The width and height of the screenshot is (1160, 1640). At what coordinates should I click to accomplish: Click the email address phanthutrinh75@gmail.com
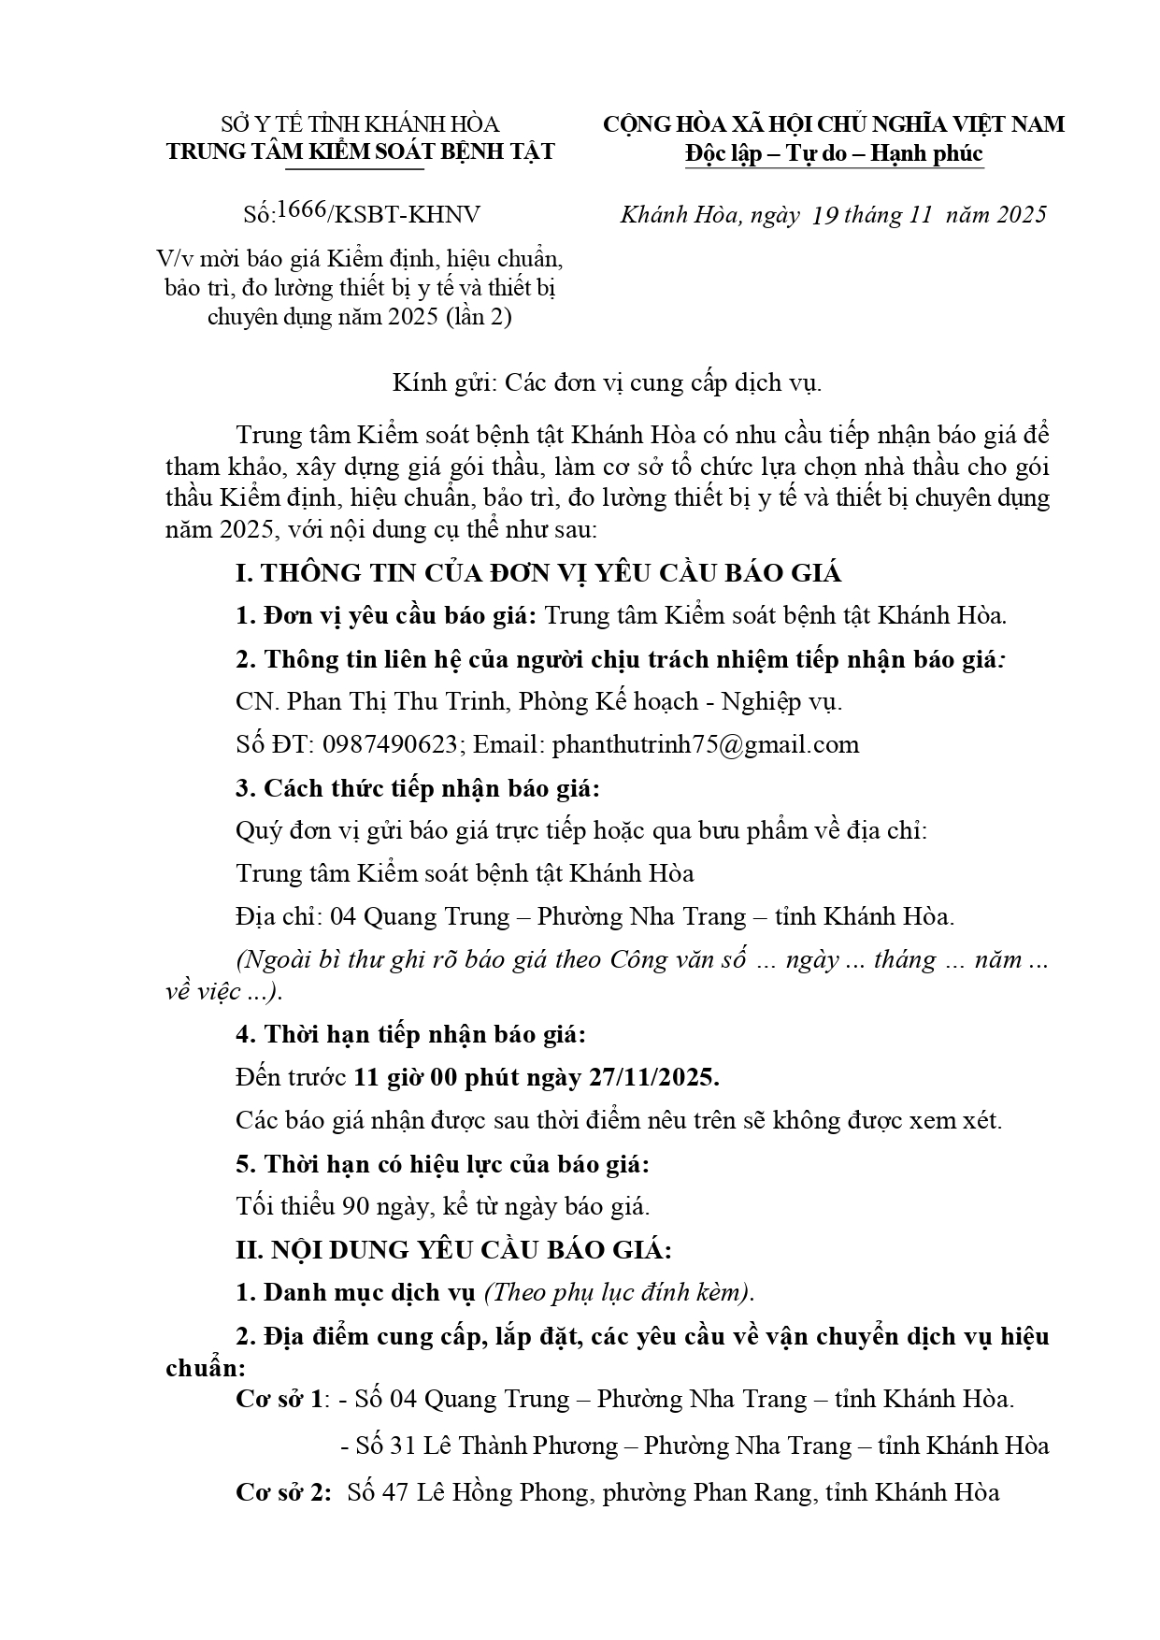point(706,744)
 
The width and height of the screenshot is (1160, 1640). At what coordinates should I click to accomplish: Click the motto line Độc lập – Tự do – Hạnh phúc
point(834,152)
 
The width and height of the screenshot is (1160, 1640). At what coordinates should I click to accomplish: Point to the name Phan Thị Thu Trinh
point(396,701)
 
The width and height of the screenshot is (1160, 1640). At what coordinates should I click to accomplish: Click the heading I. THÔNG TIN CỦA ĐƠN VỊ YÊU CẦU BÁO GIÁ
point(538,573)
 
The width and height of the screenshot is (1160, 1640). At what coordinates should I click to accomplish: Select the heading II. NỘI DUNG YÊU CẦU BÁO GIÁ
point(453,1249)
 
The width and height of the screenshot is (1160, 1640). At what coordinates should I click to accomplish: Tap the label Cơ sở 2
point(282,1491)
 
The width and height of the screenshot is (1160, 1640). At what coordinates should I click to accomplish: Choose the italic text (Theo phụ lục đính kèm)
point(619,1292)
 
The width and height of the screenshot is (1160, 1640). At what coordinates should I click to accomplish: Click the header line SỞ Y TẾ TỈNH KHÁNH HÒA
point(360,124)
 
